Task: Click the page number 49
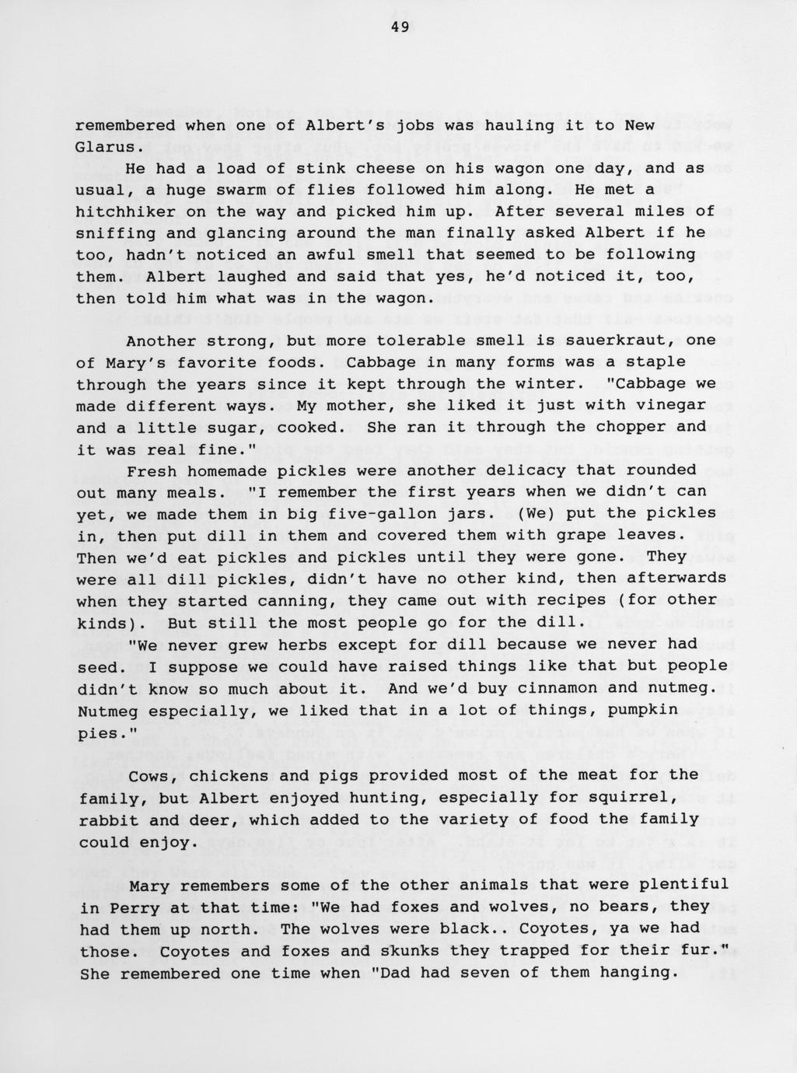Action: click(400, 27)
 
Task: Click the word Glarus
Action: click(106, 147)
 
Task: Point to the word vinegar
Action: click(671, 406)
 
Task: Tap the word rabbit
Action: click(106, 820)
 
